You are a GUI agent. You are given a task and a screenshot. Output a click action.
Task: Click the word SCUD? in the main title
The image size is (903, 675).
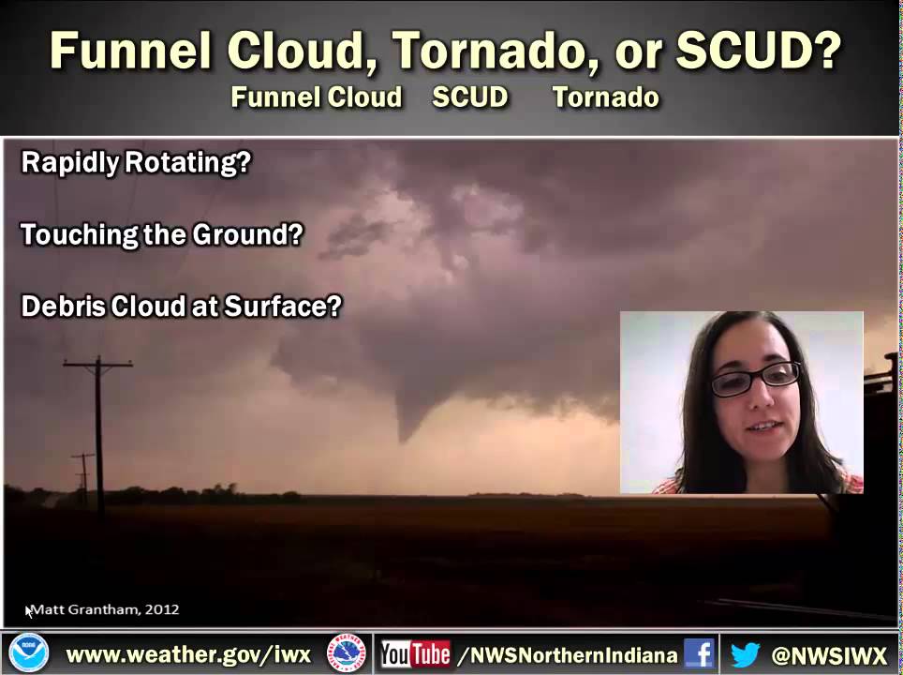click(757, 51)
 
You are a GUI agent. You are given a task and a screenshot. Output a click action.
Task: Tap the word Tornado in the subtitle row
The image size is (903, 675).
click(605, 97)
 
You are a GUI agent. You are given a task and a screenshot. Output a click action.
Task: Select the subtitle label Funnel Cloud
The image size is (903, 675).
click(317, 97)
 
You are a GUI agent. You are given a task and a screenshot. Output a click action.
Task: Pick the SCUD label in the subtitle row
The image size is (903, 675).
click(470, 97)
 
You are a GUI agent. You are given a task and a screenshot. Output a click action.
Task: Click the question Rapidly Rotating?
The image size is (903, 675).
click(136, 163)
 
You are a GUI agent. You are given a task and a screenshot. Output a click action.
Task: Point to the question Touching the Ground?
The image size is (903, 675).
click(162, 234)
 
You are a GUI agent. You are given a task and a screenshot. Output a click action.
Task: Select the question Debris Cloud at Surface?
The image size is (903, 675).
click(181, 307)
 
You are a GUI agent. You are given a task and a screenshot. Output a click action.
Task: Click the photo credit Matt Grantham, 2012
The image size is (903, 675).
click(105, 609)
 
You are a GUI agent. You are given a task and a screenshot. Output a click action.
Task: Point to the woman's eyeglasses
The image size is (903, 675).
click(755, 378)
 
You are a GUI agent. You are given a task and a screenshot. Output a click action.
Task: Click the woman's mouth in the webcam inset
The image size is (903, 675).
click(762, 427)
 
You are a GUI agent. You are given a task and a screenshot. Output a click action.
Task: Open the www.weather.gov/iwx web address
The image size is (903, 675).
click(188, 654)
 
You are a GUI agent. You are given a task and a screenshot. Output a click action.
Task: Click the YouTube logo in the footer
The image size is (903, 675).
click(415, 654)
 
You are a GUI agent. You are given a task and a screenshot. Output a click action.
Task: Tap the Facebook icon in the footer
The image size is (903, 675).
click(699, 653)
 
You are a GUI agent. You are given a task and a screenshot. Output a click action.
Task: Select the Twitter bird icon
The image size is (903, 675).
click(745, 654)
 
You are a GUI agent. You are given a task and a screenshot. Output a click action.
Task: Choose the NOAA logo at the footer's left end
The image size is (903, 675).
click(28, 653)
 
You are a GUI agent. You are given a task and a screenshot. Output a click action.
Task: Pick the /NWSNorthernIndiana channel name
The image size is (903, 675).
click(567, 654)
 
